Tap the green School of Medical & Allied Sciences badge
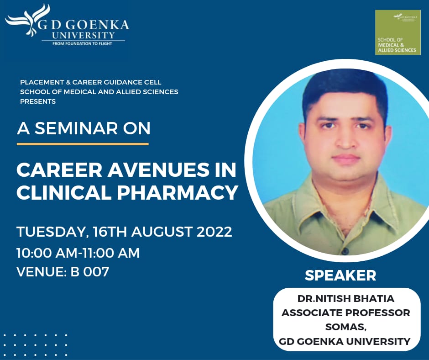398,32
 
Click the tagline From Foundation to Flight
82,43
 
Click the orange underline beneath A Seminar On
83,143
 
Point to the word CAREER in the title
59,170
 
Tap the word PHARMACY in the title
177,193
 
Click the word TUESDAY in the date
52,232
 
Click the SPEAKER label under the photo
340,275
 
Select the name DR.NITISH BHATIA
346,298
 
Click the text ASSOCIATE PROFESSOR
346,312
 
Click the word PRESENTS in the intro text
38,101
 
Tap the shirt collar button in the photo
346,251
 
